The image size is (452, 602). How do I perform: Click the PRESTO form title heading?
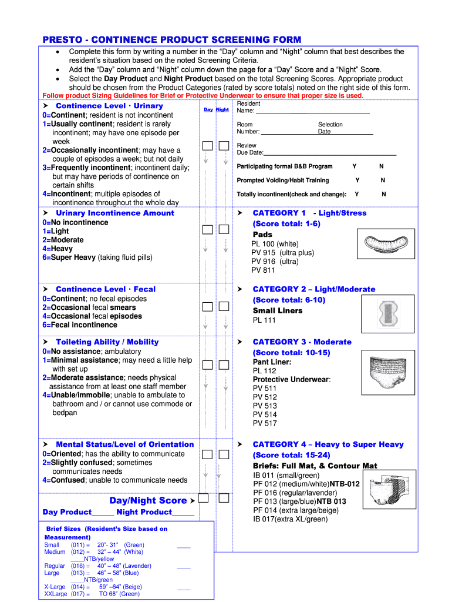[171, 39]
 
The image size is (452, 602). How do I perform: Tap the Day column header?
[208, 109]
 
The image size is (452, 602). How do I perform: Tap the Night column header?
[222, 109]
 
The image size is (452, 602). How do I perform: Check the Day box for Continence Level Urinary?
[208, 146]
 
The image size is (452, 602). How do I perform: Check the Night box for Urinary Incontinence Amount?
[224, 231]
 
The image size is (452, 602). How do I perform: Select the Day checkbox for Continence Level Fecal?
[208, 307]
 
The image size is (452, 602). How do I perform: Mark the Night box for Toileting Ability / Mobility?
[224, 365]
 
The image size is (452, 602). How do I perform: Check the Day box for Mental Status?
[208, 454]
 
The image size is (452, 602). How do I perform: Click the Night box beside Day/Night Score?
[224, 499]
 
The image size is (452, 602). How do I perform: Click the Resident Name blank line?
[312, 111]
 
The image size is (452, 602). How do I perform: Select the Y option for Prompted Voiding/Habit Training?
[357, 180]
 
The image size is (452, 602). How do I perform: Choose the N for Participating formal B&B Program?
[381, 166]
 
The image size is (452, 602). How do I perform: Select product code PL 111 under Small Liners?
[264, 320]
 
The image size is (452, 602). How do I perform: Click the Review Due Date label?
[249, 149]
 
